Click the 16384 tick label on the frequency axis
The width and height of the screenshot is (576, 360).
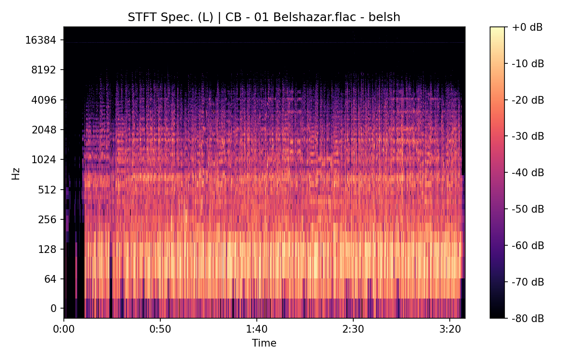[40, 40]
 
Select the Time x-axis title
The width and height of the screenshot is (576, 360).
[264, 343]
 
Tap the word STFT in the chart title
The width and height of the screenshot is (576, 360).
[140, 18]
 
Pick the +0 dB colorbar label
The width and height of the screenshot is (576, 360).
[527, 27]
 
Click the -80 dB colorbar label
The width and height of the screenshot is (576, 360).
[528, 318]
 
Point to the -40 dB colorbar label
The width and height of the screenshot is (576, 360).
[528, 173]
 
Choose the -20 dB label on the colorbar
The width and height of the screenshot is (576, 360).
[528, 100]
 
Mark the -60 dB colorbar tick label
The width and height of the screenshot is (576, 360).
[528, 245]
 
